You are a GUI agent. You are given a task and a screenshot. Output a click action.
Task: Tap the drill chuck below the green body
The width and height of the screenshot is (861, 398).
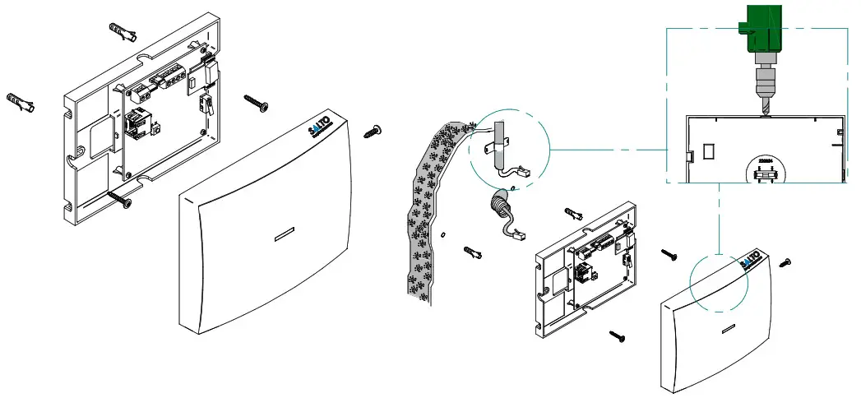(x=763, y=83)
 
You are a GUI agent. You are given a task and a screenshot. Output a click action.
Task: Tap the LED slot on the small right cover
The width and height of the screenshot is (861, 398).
(x=726, y=330)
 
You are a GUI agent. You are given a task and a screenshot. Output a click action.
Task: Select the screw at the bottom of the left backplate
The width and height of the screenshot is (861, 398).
(x=118, y=198)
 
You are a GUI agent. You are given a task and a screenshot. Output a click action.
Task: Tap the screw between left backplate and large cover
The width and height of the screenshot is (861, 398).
(x=255, y=103)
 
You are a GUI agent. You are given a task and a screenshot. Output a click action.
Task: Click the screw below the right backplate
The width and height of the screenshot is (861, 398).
(x=619, y=335)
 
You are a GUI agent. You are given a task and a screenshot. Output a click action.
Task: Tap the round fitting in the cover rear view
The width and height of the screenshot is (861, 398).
(x=766, y=172)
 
